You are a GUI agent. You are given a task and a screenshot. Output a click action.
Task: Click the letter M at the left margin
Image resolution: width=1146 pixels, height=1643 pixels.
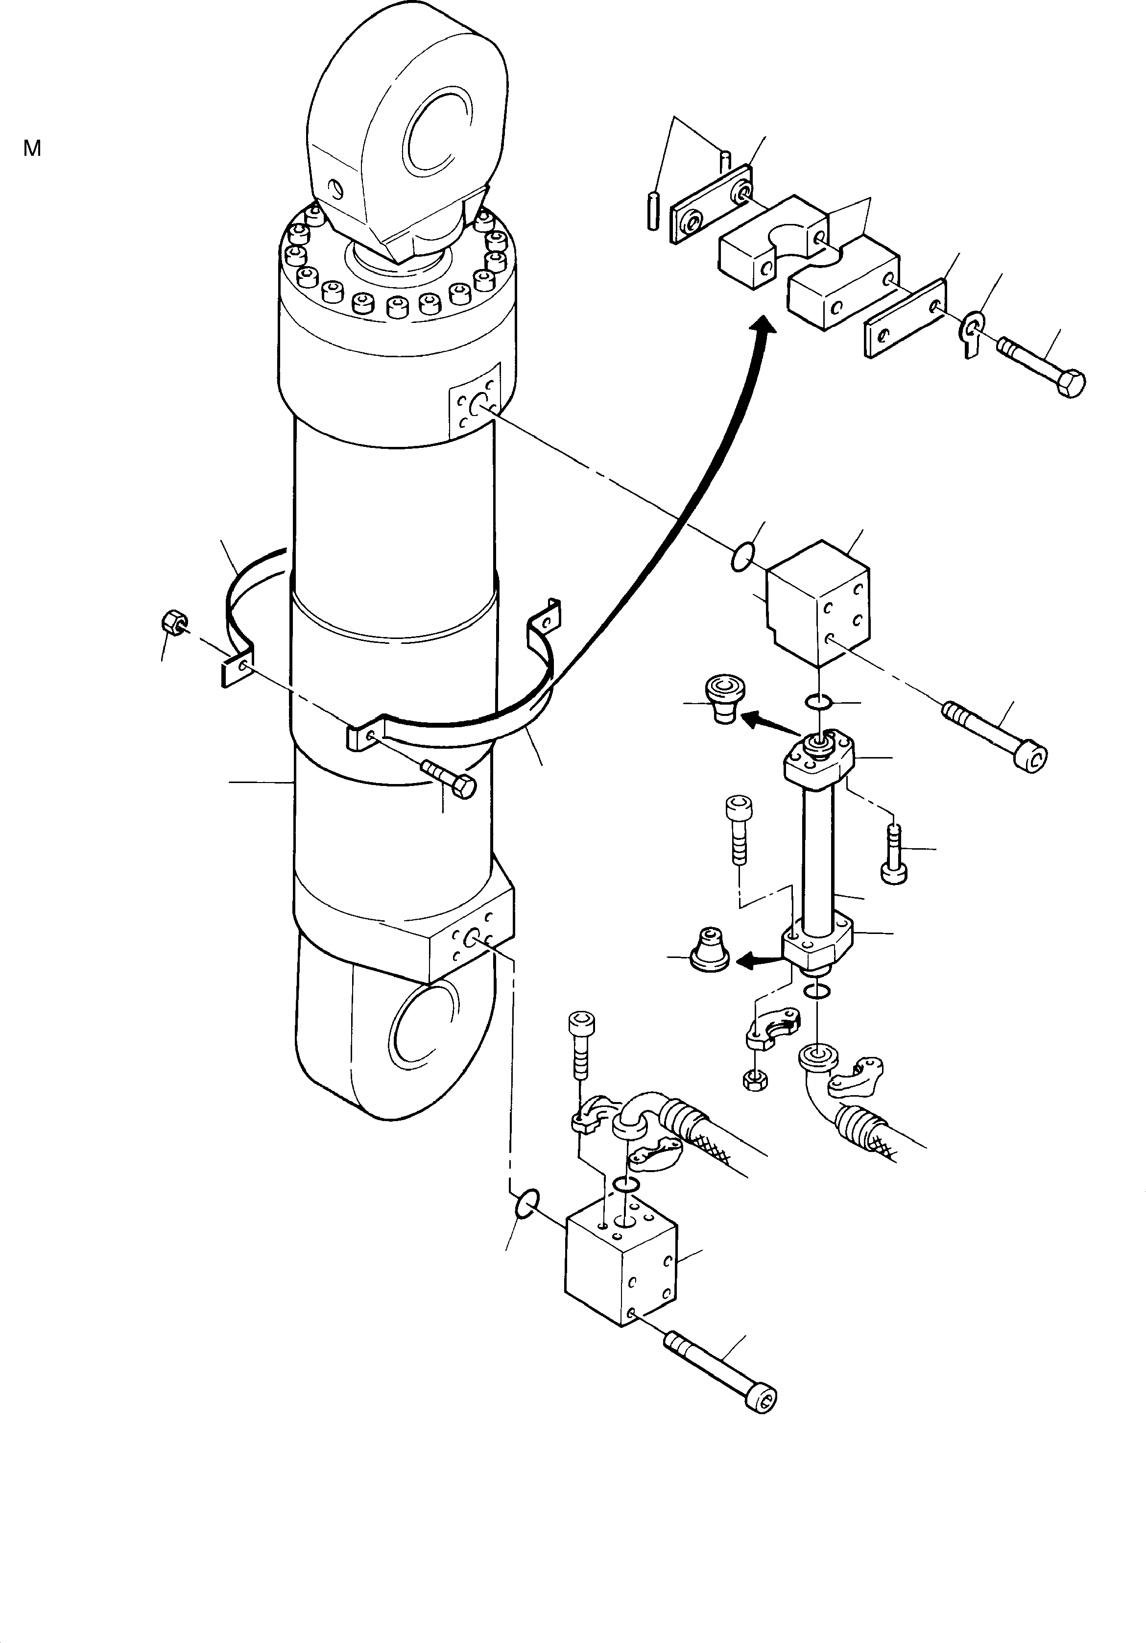tap(32, 149)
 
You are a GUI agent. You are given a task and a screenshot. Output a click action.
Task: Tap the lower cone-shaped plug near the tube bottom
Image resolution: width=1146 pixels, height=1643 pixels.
tap(708, 950)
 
